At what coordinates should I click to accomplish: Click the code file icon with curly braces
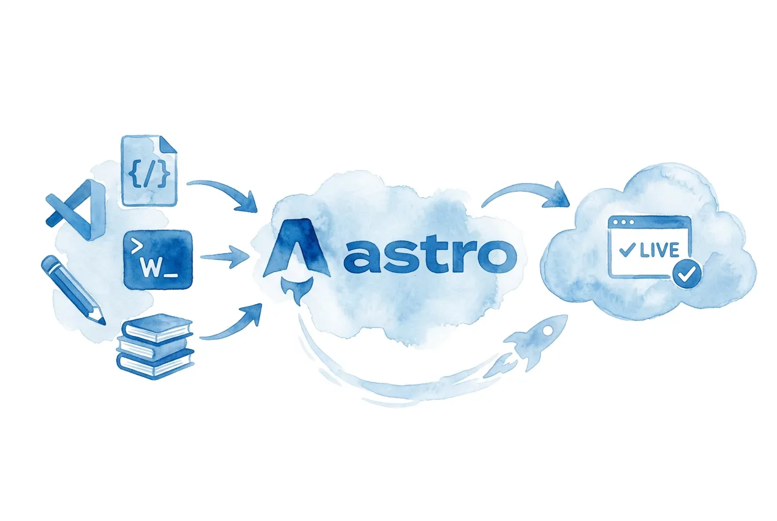click(148, 171)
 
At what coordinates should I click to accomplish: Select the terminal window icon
click(159, 259)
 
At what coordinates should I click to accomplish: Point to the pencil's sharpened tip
click(101, 320)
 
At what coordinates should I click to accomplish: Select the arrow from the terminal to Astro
click(225, 257)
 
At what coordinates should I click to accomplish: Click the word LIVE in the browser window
click(659, 250)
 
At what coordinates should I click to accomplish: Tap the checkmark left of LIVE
click(628, 250)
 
